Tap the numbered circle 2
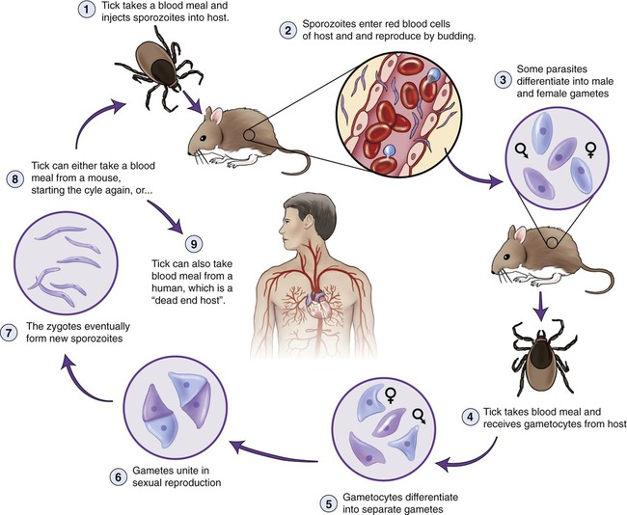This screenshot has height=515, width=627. (287, 30)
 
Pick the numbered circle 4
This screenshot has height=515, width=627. (471, 419)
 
